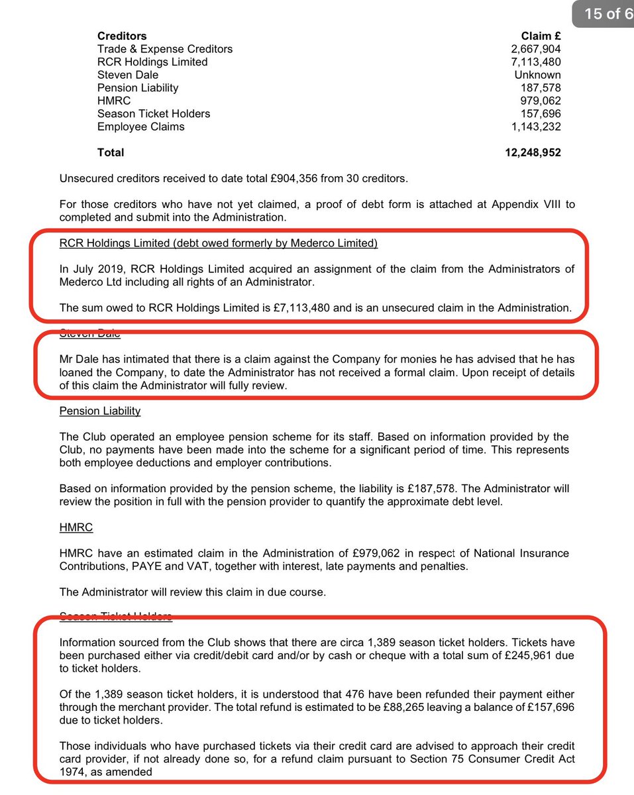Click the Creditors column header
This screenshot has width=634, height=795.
tap(122, 36)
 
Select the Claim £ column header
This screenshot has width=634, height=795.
tap(541, 36)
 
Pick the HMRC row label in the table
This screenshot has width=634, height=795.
tap(114, 101)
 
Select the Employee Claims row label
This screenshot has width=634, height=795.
tap(140, 127)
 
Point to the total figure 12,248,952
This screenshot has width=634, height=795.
tap(533, 152)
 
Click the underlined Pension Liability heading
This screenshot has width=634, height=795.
tap(100, 411)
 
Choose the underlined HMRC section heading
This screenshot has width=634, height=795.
tap(76, 527)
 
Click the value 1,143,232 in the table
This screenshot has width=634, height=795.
tap(535, 127)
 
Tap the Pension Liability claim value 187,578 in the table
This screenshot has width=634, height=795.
tap(541, 88)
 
